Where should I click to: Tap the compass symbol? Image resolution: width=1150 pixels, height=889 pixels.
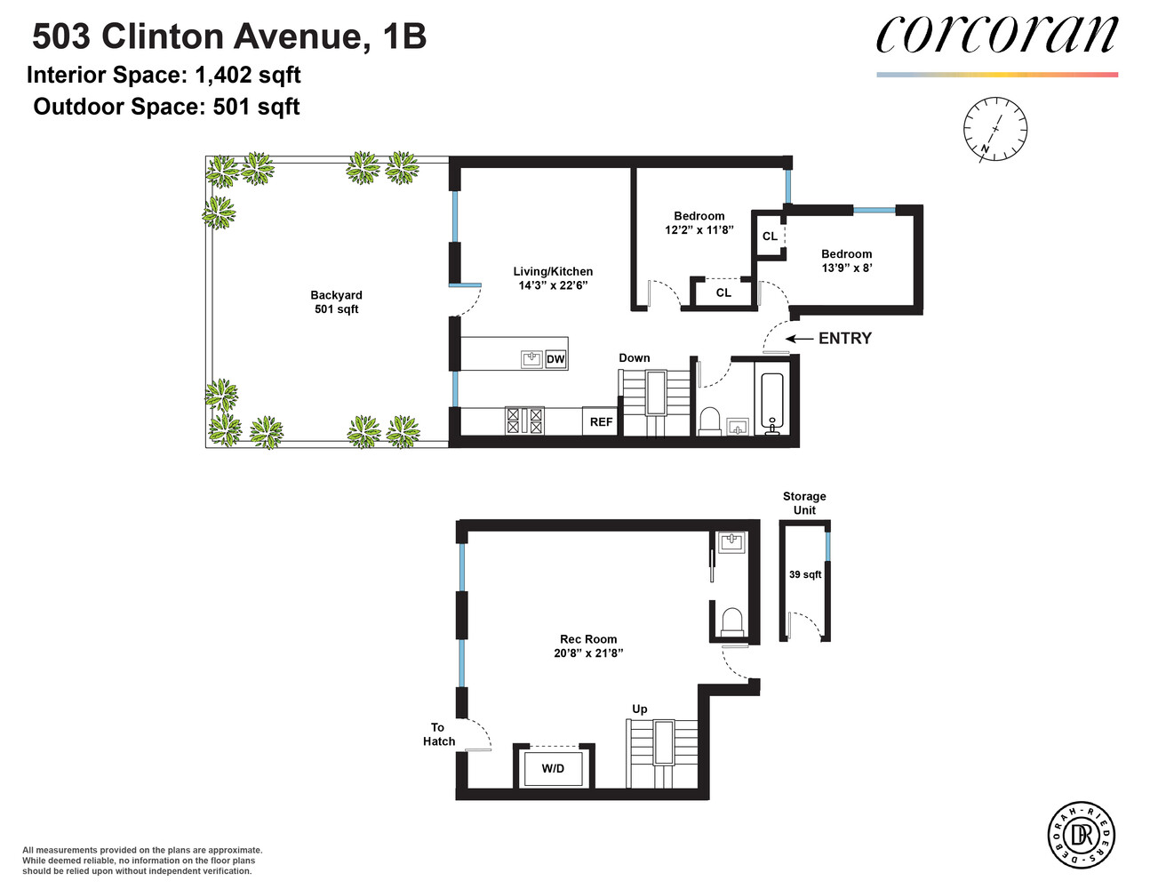click(x=995, y=130)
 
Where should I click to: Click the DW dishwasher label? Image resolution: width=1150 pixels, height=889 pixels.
click(x=555, y=359)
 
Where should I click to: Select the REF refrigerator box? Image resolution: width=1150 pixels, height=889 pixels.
click(x=601, y=421)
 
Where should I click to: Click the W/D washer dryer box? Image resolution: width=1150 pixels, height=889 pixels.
click(x=553, y=768)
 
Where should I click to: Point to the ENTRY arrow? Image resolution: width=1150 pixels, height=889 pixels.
click(x=799, y=339)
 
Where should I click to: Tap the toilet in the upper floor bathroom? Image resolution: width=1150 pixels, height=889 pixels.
click(x=710, y=421)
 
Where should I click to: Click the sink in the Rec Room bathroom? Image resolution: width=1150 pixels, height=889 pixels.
click(x=731, y=541)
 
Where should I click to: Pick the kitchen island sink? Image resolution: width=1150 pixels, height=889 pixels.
click(x=531, y=359)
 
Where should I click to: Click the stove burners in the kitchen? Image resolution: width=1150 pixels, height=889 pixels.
click(x=524, y=420)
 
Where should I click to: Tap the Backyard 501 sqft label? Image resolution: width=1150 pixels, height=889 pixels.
click(x=336, y=302)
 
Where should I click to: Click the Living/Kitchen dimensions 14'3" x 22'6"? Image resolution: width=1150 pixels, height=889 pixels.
click(x=553, y=285)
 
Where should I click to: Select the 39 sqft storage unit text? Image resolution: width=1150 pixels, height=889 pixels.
click(x=805, y=575)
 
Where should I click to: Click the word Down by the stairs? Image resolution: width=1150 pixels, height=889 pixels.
click(x=635, y=358)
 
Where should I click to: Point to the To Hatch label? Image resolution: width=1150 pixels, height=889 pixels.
click(x=438, y=734)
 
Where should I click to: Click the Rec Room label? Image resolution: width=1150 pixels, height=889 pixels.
click(x=588, y=639)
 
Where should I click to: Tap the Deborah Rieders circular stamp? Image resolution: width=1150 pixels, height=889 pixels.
click(x=1081, y=835)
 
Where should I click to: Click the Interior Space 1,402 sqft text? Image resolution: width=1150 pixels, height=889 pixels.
click(x=164, y=76)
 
